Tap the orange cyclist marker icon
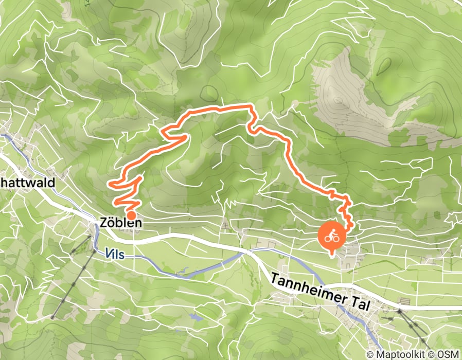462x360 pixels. (x=332, y=236)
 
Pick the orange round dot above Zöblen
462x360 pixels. (x=131, y=215)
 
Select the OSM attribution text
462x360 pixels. (x=447, y=355)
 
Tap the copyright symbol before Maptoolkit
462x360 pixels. (x=370, y=355)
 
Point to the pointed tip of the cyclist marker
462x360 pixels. (x=332, y=255)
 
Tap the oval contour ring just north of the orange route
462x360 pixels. (x=209, y=93)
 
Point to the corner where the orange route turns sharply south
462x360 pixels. (x=252, y=107)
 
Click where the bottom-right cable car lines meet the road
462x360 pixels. (x=399, y=310)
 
